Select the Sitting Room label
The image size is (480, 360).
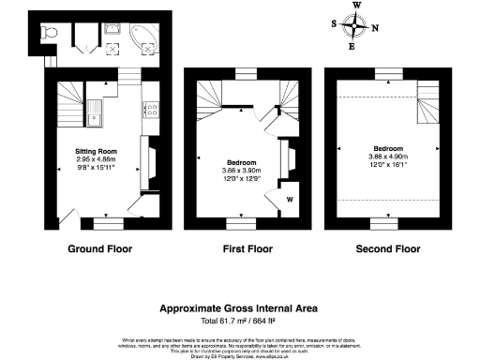tap(96, 151)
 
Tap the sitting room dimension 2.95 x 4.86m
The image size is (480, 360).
tap(96, 159)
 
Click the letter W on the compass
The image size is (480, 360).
tap(356, 5)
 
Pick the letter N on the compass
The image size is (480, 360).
tap(376, 27)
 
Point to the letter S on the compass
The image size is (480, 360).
tap(337, 24)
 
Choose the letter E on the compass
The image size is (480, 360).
tap(353, 45)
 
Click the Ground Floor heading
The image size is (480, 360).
tap(100, 249)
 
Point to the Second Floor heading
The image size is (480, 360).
tap(388, 249)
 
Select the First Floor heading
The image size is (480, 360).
tap(242, 249)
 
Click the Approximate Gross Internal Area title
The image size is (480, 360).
tap(239, 307)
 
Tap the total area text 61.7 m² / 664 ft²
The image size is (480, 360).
tap(239, 321)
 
